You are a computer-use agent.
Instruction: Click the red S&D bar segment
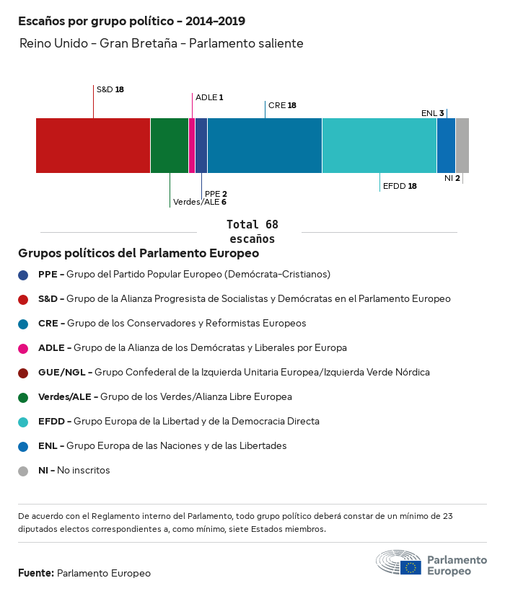(x=93, y=146)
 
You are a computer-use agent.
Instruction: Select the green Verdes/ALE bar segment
(x=170, y=146)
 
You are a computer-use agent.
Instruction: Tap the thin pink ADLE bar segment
(x=192, y=146)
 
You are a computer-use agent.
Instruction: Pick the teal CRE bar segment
(x=265, y=146)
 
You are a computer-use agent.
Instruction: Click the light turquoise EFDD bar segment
(x=379, y=146)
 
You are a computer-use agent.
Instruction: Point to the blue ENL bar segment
(x=447, y=146)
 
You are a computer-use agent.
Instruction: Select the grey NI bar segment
(x=462, y=146)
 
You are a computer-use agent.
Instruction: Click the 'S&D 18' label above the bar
(x=110, y=90)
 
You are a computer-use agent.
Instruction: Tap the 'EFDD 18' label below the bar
(x=400, y=186)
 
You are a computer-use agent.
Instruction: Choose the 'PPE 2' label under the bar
(x=216, y=194)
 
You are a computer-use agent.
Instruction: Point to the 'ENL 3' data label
(x=433, y=113)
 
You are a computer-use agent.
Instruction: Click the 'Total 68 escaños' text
(x=252, y=231)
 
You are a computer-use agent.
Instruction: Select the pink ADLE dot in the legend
(x=23, y=348)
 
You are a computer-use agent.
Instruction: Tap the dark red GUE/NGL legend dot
(x=23, y=373)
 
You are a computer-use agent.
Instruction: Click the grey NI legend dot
(x=23, y=471)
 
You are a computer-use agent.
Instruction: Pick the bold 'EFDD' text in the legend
(x=51, y=422)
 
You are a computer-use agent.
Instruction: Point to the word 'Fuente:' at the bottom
(x=36, y=573)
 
